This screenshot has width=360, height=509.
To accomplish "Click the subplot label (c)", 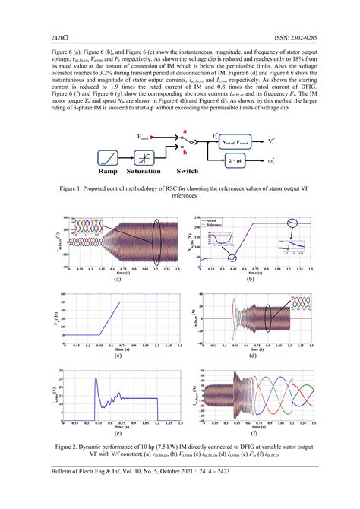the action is pyautogui.click(x=118, y=356).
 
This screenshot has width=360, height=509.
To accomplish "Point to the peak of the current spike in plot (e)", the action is pyautogui.click(x=96, y=378).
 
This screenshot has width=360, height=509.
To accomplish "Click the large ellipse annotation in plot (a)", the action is pyautogui.click(x=156, y=239).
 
